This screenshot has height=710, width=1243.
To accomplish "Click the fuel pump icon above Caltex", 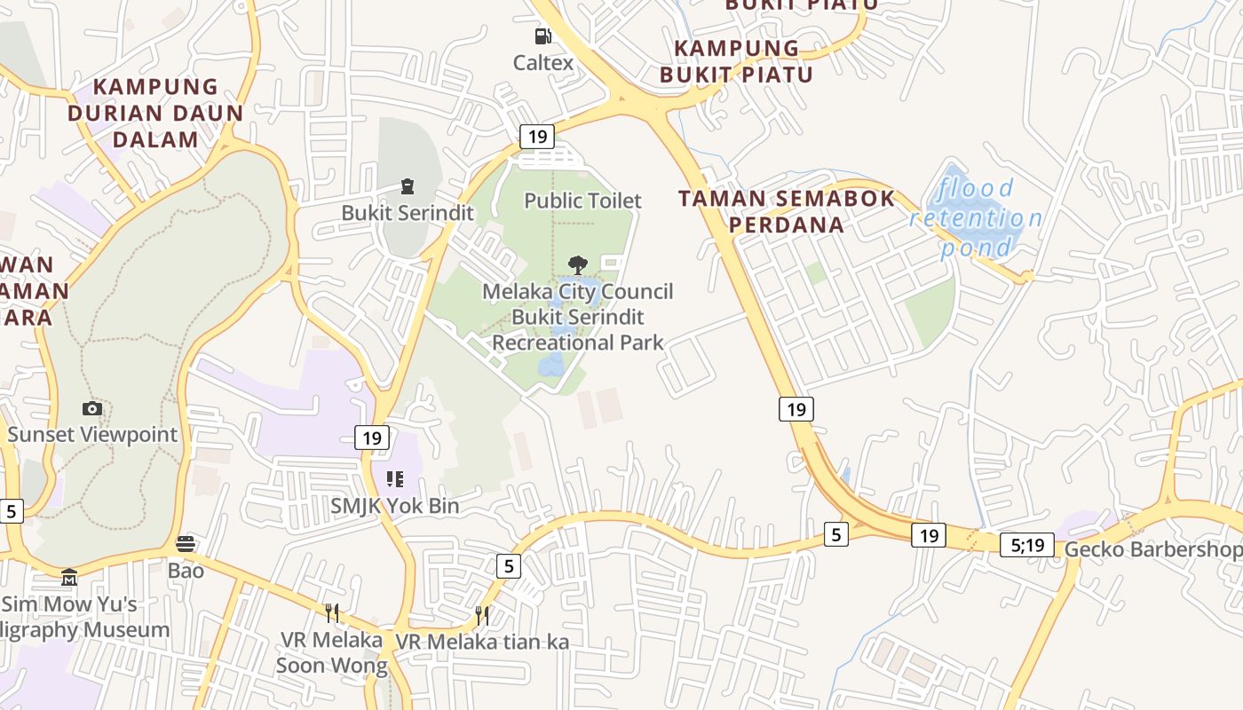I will [x=542, y=36].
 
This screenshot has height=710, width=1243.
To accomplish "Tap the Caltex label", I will [x=542, y=63].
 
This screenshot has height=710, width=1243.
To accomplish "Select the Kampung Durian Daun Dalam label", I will [x=155, y=113].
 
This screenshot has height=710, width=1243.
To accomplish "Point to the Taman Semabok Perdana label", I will [x=787, y=211].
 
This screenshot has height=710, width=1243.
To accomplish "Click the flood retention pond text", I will [x=976, y=217].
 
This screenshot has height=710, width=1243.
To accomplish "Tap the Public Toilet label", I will [x=582, y=201].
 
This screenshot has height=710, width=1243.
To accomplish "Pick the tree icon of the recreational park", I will [x=578, y=264].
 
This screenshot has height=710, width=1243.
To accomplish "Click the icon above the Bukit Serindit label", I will [x=408, y=186].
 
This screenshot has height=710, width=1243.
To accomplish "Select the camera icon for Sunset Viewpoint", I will [x=92, y=408].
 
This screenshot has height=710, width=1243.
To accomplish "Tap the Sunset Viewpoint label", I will [x=92, y=435].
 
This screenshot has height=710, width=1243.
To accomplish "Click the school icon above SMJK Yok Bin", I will [x=395, y=480].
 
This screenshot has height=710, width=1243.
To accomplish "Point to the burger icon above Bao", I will [x=186, y=543].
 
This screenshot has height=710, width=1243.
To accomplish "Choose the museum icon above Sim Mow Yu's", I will [x=69, y=578].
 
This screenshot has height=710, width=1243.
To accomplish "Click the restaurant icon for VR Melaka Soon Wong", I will [x=331, y=612].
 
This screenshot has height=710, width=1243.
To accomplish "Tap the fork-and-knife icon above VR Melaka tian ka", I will [x=482, y=615].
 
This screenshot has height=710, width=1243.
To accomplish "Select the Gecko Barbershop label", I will [x=1152, y=549].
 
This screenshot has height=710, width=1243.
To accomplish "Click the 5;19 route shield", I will [x=1027, y=545].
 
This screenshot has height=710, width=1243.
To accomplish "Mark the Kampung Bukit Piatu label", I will [x=736, y=60].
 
